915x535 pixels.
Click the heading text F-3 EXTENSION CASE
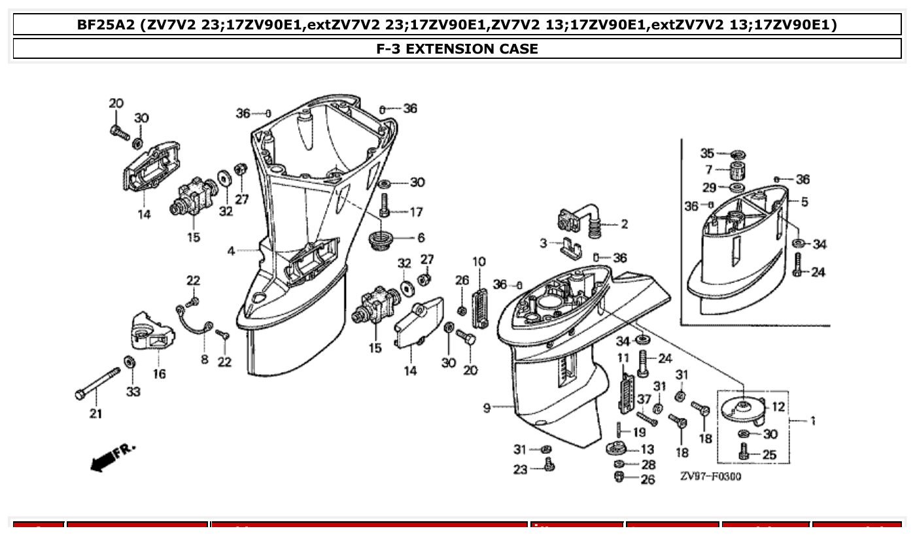(457, 48)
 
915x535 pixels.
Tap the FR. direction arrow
(109, 458)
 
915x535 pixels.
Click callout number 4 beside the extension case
(232, 250)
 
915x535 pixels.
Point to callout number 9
(487, 408)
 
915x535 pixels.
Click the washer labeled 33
(129, 362)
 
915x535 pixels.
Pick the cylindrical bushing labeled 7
(738, 173)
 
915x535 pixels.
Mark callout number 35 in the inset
(707, 153)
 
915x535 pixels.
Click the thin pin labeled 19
(618, 432)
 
